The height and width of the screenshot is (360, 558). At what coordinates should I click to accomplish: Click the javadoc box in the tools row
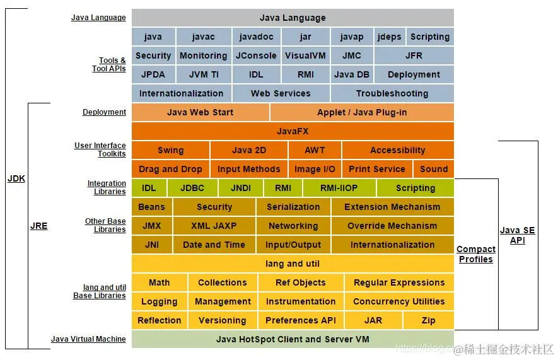click(256, 37)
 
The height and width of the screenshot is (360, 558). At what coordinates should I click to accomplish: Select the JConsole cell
click(256, 55)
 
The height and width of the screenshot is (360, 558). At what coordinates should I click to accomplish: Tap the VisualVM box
click(305, 55)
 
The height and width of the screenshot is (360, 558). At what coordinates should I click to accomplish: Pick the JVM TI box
click(204, 74)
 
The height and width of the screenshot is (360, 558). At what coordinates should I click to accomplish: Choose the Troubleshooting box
click(392, 93)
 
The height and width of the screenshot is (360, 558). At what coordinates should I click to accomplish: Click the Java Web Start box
click(200, 112)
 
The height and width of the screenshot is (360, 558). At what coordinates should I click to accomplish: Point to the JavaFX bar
click(293, 131)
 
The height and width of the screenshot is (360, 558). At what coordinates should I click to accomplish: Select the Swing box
click(170, 150)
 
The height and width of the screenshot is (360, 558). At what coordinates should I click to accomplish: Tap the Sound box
click(433, 169)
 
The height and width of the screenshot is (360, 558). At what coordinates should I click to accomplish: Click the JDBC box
click(192, 188)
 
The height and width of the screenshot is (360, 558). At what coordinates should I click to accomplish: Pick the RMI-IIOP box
click(339, 188)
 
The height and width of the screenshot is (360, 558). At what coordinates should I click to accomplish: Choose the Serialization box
click(293, 207)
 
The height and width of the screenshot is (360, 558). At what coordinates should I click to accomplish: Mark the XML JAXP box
click(214, 226)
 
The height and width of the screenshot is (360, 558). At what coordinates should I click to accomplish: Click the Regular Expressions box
click(399, 282)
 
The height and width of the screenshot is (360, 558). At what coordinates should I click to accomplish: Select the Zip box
click(428, 320)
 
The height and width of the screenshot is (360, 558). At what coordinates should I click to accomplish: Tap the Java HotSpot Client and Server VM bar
click(293, 339)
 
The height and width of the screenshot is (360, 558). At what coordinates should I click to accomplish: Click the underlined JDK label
click(16, 178)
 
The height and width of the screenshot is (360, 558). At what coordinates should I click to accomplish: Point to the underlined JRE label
click(38, 226)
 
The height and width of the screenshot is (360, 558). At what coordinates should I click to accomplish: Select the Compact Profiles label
click(475, 254)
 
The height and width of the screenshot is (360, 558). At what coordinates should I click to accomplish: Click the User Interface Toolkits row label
click(100, 149)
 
